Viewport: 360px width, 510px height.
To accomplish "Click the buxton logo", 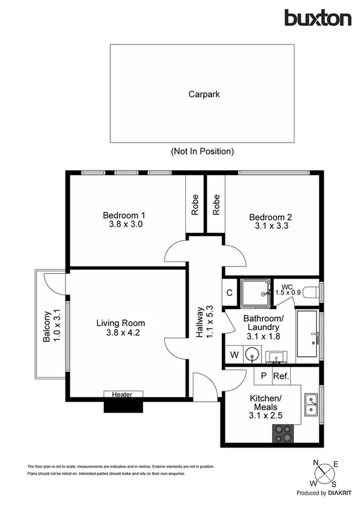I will pyautogui.click(x=317, y=18).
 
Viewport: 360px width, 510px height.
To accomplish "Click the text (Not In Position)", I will pyautogui.click(x=202, y=151).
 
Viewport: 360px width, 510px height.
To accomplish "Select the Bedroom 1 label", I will pyautogui.click(x=124, y=215).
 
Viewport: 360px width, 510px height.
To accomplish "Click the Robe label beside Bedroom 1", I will pyautogui.click(x=195, y=205).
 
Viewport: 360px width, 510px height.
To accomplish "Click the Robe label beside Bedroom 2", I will pyautogui.click(x=216, y=205).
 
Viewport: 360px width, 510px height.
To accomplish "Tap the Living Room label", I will pyautogui.click(x=121, y=323).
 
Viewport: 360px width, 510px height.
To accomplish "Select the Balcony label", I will pyautogui.click(x=46, y=326).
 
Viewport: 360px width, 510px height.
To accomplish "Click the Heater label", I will pyautogui.click(x=124, y=395).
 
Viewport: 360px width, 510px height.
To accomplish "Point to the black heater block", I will pyautogui.click(x=124, y=406).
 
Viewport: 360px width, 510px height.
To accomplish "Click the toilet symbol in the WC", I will pyautogui.click(x=311, y=292).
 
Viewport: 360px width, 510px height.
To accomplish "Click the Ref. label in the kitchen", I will pyautogui.click(x=281, y=376).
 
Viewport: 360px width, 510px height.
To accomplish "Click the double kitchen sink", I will pyautogui.click(x=311, y=405).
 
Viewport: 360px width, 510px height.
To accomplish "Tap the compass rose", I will pyautogui.click(x=325, y=473).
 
